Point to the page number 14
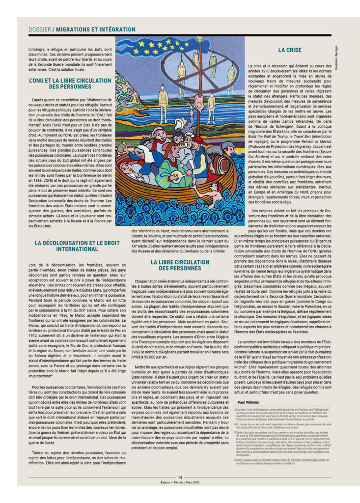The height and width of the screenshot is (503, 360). (180, 476)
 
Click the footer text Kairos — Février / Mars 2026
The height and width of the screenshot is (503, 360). (180, 482)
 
